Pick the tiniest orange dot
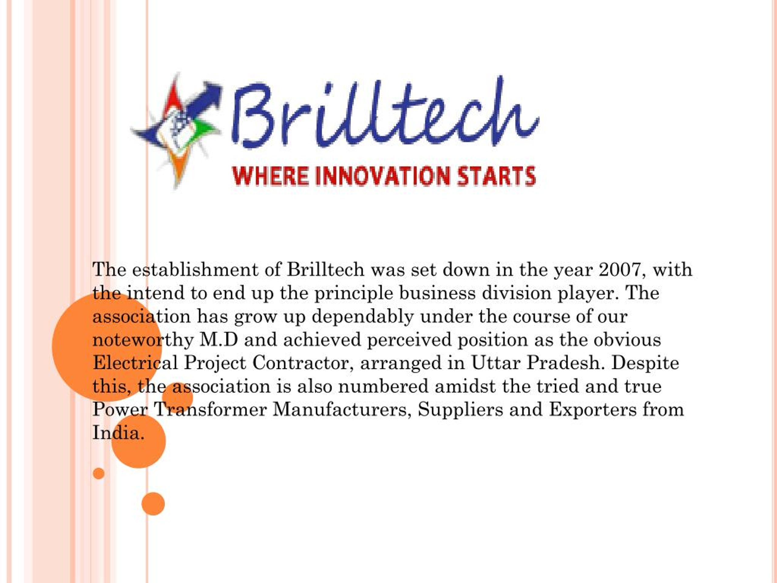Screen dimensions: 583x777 pyautogui.click(x=99, y=473)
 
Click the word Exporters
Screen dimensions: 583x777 pyautogui.click(x=593, y=410)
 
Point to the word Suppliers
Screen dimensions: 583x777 pyautogui.click(x=460, y=410)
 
